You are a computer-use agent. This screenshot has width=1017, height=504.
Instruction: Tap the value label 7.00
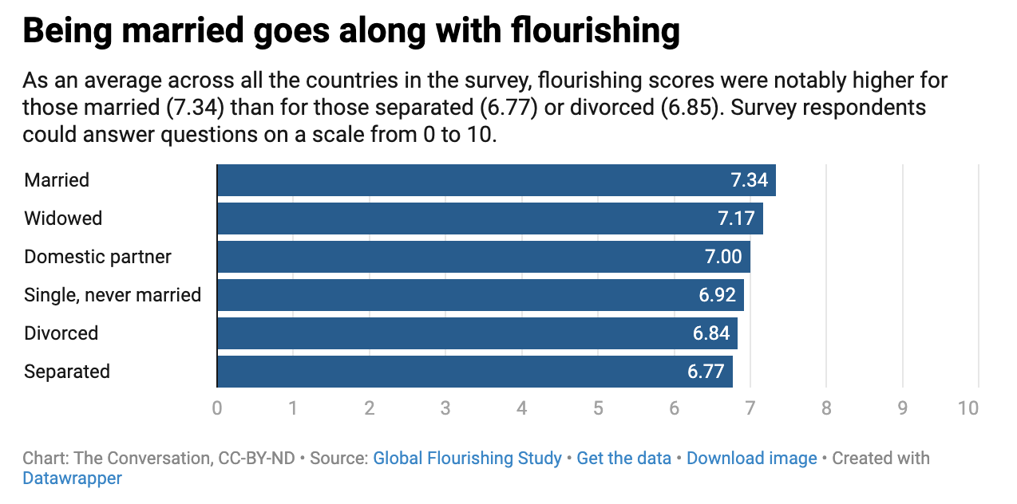[x=722, y=257]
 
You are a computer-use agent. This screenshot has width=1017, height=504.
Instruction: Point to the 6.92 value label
[x=716, y=295]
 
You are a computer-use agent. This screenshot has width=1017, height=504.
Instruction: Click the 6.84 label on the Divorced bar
[x=710, y=333]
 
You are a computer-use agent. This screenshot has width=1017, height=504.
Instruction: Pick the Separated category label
[x=67, y=372]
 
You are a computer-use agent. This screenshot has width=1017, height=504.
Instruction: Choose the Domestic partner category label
[x=97, y=257]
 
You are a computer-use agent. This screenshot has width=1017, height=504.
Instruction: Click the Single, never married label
[x=113, y=295]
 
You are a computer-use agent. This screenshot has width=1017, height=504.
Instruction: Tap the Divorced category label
[x=61, y=333]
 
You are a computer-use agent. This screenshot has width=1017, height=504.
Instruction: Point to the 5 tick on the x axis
[x=598, y=408]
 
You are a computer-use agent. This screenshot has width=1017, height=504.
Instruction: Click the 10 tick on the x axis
[x=968, y=408]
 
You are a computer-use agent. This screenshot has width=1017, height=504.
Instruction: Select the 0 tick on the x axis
[x=217, y=408]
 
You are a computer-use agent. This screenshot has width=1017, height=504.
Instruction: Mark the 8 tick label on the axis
[x=826, y=408]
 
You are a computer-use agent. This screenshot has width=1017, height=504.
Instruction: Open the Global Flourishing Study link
[x=467, y=459]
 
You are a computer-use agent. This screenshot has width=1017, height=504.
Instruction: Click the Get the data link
[x=623, y=459]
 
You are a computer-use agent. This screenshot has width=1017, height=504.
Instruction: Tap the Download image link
[x=751, y=459]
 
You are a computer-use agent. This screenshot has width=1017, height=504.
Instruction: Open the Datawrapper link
[x=73, y=478]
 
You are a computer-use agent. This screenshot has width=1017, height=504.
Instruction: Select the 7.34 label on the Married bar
[x=749, y=180]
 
